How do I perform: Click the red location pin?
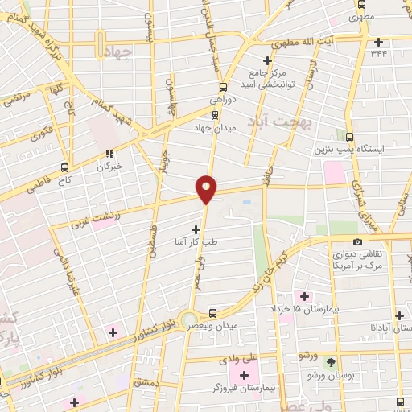pos(207,189)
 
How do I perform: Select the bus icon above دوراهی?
pos(222,87)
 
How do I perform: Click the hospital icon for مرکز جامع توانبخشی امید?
pos(269,60)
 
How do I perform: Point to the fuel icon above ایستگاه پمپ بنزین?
pos(349,136)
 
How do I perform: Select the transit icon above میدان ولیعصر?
pos(212,313)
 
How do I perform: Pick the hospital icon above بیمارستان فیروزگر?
pos(244,375)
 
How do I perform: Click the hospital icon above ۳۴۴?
pos(378,42)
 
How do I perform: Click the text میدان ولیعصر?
pos(207,328)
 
